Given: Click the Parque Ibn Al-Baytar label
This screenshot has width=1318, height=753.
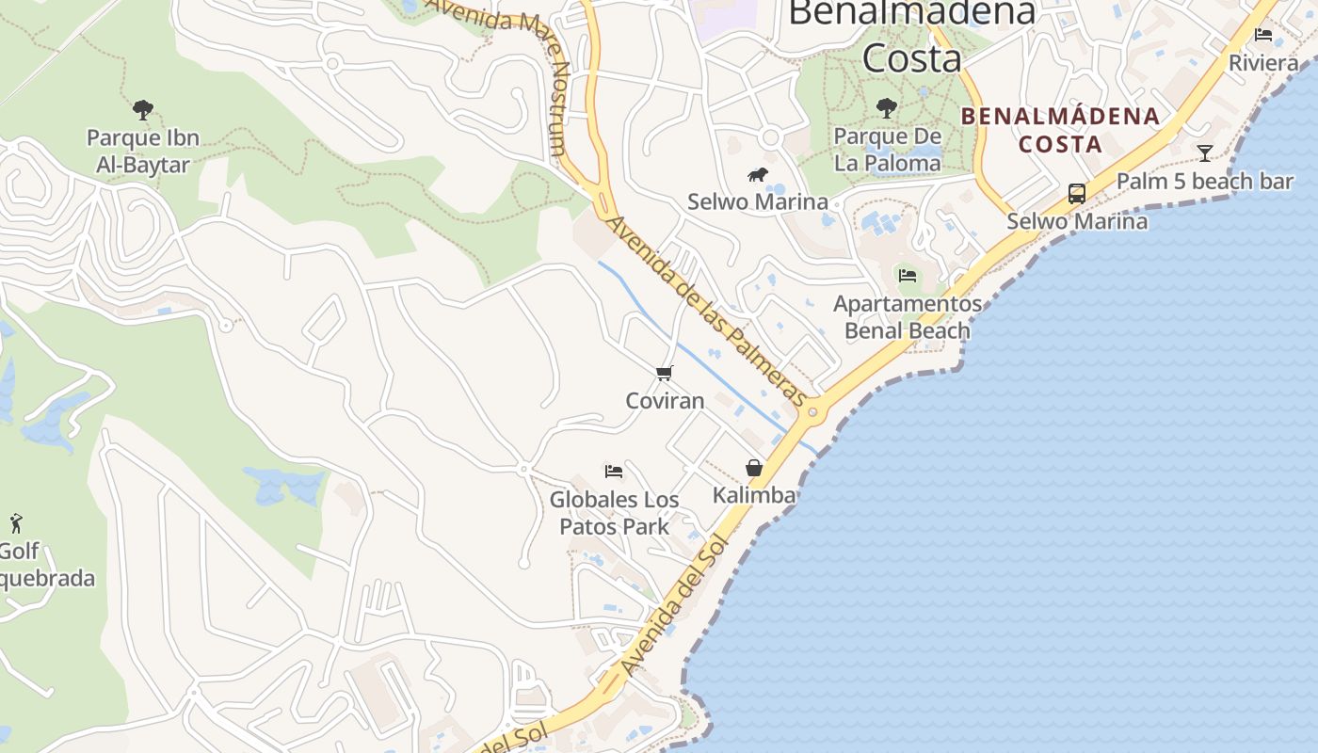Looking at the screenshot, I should pyautogui.click(x=143, y=152).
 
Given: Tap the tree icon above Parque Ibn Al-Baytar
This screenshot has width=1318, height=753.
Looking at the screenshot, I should pyautogui.click(x=143, y=110).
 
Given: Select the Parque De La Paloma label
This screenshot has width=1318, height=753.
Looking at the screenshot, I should pyautogui.click(x=887, y=150).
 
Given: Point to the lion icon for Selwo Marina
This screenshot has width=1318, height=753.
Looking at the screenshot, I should pyautogui.click(x=758, y=174).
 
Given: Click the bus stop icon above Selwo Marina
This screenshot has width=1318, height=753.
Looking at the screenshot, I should pyautogui.click(x=1077, y=194).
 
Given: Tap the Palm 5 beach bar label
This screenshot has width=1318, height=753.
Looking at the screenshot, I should pyautogui.click(x=1204, y=181).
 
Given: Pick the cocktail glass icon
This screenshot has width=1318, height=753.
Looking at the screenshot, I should pyautogui.click(x=1205, y=152).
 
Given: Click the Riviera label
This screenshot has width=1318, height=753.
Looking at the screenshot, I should pyautogui.click(x=1263, y=63).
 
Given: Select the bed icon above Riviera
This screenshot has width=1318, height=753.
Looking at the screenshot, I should pyautogui.click(x=1263, y=35).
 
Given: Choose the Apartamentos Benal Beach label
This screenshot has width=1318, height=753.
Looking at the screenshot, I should pyautogui.click(x=908, y=317).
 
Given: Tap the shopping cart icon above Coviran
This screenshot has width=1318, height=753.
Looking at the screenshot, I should pyautogui.click(x=665, y=374).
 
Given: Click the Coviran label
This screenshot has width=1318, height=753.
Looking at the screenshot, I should pyautogui.click(x=665, y=401).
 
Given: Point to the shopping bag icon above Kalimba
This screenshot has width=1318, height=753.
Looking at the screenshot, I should pyautogui.click(x=754, y=468).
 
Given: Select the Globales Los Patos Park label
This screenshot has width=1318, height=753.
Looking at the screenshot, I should pyautogui.click(x=614, y=513).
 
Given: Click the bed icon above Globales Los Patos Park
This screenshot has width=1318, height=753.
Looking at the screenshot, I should pyautogui.click(x=614, y=471).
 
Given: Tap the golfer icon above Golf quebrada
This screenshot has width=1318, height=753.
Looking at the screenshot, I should pyautogui.click(x=16, y=523).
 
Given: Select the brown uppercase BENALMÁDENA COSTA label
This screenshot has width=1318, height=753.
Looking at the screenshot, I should pyautogui.click(x=1060, y=130).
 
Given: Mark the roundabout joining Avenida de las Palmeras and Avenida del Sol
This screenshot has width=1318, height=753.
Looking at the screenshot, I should pyautogui.click(x=814, y=411).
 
